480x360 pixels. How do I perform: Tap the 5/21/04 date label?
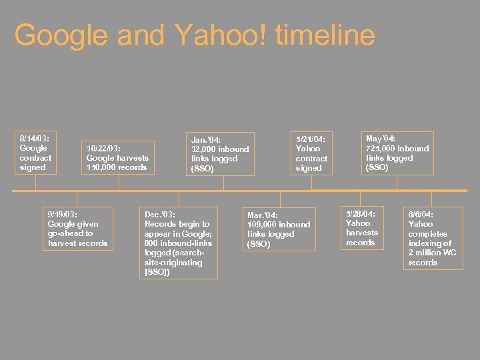[x=311, y=139]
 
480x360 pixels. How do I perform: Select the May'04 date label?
[x=381, y=138]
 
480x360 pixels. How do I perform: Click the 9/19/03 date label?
[x=63, y=214]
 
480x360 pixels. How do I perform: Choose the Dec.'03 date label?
[x=160, y=214]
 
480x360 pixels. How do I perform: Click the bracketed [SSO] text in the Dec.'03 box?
[x=157, y=272]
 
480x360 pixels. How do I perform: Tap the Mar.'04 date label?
[x=263, y=215]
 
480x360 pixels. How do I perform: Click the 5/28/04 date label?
[x=361, y=213]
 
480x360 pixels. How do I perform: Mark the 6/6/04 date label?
[x=421, y=215]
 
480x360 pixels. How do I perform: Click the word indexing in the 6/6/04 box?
[x=425, y=243]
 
